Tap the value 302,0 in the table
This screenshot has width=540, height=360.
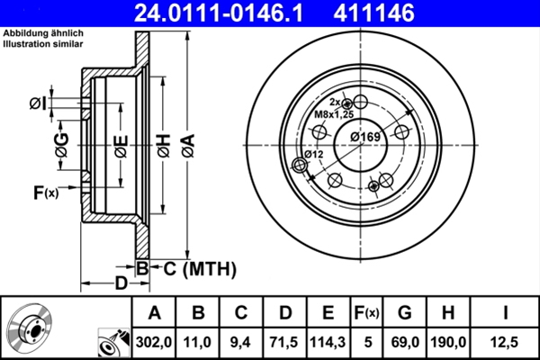[154, 341]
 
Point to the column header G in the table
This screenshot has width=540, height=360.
[404, 313]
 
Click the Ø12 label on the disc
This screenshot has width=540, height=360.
[313, 155]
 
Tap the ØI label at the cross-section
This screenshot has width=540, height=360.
[37, 103]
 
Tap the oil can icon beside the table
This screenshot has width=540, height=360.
[111, 341]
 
